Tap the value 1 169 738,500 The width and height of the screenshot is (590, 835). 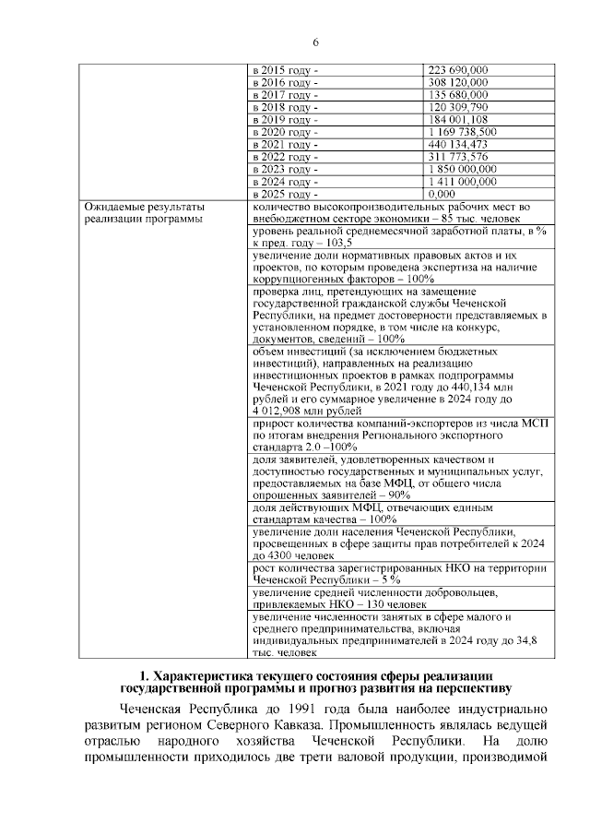tap(464, 132)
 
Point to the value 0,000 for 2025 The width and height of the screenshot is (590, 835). tap(442, 195)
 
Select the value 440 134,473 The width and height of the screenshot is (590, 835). tap(458, 145)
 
